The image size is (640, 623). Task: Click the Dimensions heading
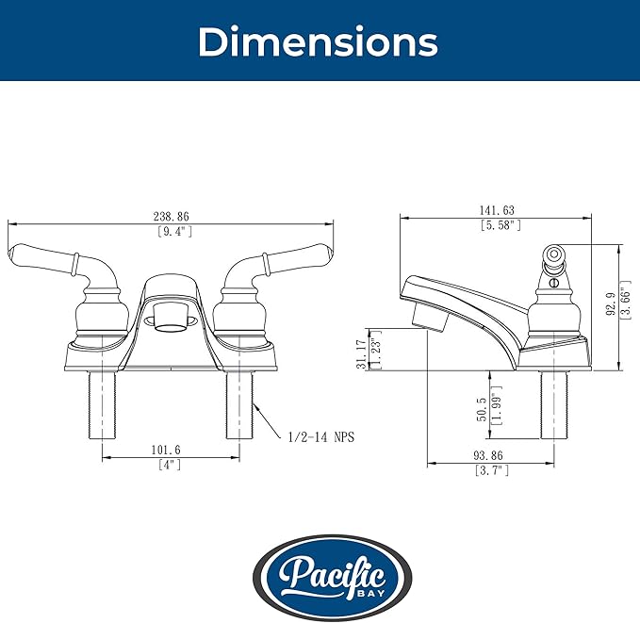pos(318,41)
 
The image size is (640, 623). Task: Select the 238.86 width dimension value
pos(171,216)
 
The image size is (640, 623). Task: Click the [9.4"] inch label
pos(174,232)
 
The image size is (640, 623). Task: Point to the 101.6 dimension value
pos(166,450)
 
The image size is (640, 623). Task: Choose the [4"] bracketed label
pos(170,465)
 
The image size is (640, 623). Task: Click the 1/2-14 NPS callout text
pos(321,437)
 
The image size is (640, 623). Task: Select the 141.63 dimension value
pos(497,210)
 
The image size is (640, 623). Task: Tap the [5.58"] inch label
pos(501,225)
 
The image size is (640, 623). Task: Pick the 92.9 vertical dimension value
pos(611,303)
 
